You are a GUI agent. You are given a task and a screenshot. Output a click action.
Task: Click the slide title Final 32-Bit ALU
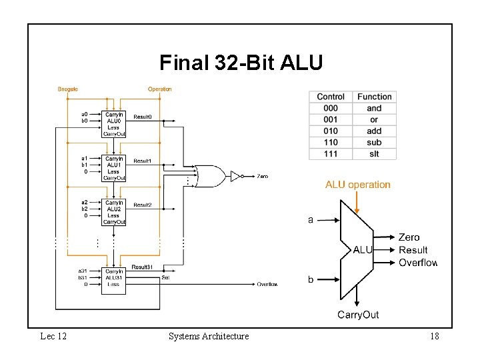pyautogui.click(x=241, y=63)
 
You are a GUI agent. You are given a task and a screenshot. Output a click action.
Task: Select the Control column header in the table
pyautogui.click(x=331, y=97)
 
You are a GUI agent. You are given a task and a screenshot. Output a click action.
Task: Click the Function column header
pyautogui.click(x=375, y=97)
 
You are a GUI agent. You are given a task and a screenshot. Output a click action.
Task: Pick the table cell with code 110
pyautogui.click(x=331, y=142)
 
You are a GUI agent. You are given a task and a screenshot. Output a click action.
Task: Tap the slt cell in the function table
pyautogui.click(x=375, y=154)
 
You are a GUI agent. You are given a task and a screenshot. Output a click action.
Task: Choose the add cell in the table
pyautogui.click(x=375, y=131)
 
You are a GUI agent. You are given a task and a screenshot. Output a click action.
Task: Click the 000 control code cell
pyautogui.click(x=331, y=108)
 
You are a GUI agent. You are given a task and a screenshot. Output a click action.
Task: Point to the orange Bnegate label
pyautogui.click(x=68, y=89)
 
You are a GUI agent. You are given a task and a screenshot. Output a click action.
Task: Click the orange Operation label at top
pyautogui.click(x=160, y=89)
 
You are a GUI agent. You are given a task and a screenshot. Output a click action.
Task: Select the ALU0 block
pyautogui.click(x=114, y=124)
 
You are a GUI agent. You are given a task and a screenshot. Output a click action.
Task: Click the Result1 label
pyautogui.click(x=143, y=161)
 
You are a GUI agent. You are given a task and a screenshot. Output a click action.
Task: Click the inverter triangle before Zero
pyautogui.click(x=235, y=176)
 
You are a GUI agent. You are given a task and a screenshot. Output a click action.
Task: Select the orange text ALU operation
pyautogui.click(x=358, y=185)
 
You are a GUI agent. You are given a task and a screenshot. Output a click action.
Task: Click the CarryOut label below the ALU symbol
pyautogui.click(x=358, y=315)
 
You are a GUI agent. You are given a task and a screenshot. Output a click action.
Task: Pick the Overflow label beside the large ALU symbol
pyautogui.click(x=418, y=263)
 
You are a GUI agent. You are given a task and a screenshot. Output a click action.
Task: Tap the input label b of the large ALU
pyautogui.click(x=311, y=280)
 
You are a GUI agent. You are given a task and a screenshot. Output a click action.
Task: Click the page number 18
pyautogui.click(x=434, y=337)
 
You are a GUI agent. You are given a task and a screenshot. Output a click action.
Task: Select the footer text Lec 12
pyautogui.click(x=53, y=337)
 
